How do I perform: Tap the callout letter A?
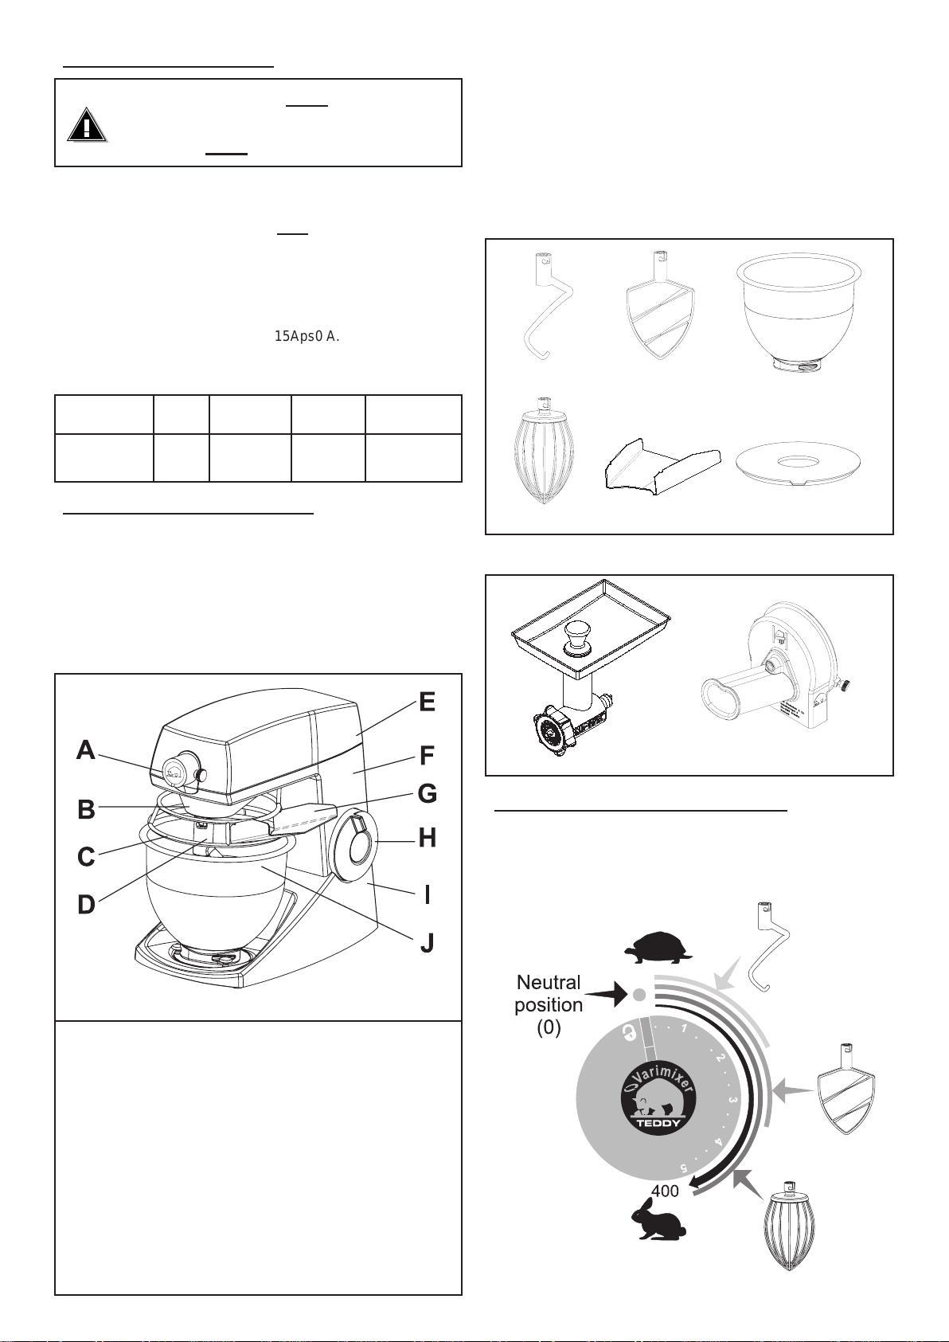point(86,750)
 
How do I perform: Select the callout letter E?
point(428,702)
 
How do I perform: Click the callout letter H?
point(428,838)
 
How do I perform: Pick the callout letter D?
point(86,905)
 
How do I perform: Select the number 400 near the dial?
point(665,1191)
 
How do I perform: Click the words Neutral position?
point(549,993)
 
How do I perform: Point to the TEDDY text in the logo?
point(658,1124)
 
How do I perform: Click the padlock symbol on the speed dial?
point(629,1035)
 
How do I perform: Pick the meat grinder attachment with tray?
point(588,667)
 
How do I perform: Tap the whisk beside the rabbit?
point(790,1233)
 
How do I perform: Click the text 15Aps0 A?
point(307,336)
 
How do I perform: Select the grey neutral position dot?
point(639,994)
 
